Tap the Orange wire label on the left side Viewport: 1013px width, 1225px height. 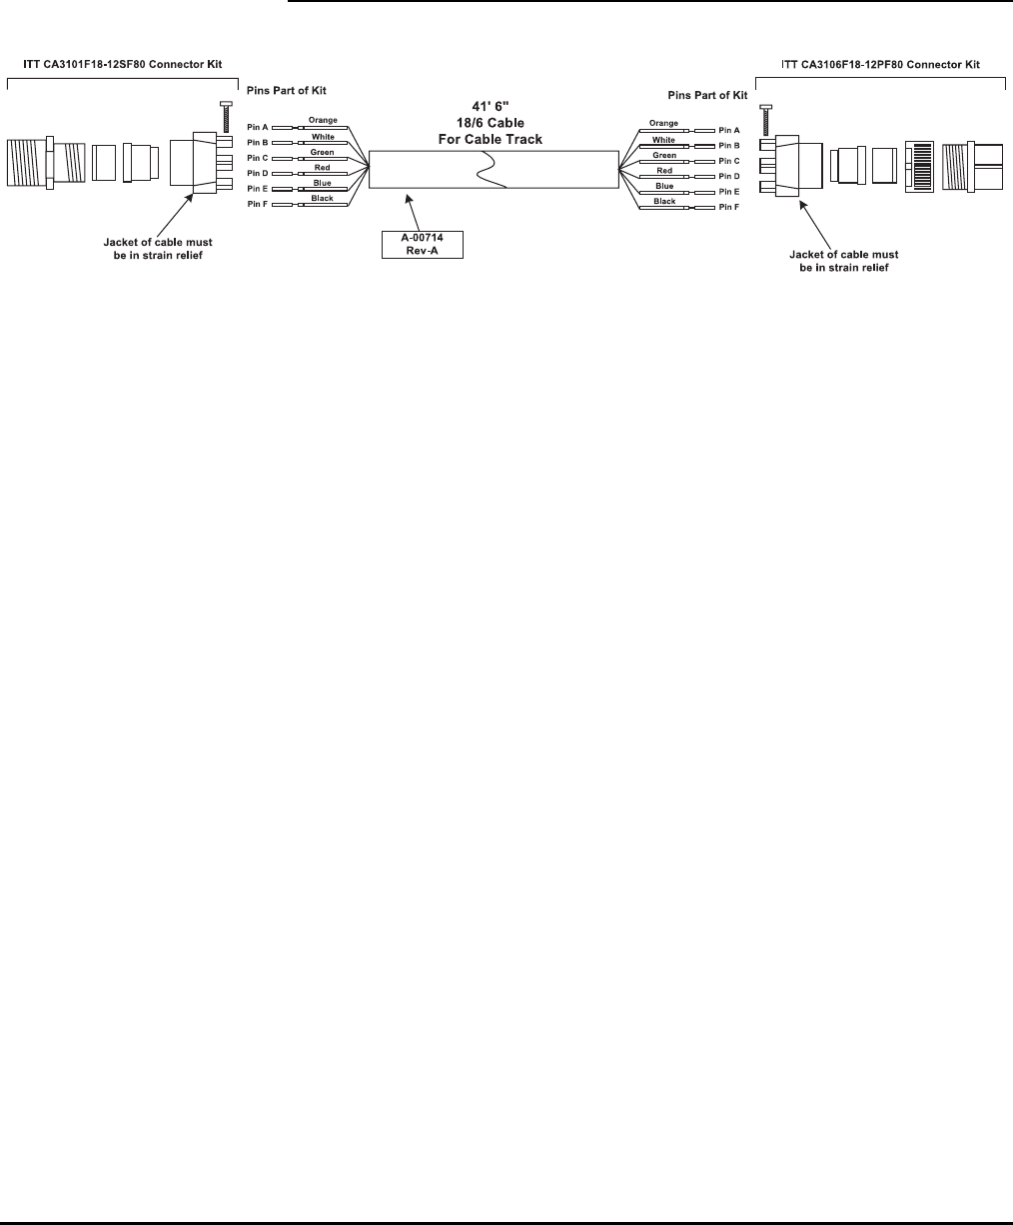pyautogui.click(x=322, y=120)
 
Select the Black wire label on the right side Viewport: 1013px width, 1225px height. pyautogui.click(x=664, y=201)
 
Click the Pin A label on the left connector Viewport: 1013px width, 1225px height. pyautogui.click(x=258, y=128)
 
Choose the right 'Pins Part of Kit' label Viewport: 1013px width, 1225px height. pyautogui.click(x=706, y=95)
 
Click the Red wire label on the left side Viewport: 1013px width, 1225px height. pyautogui.click(x=322, y=167)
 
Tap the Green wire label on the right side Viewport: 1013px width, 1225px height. pyautogui.click(x=664, y=155)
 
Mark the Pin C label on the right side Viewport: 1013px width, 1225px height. pyautogui.click(x=729, y=160)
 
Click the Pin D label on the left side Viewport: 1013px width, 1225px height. pyautogui.click(x=258, y=173)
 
